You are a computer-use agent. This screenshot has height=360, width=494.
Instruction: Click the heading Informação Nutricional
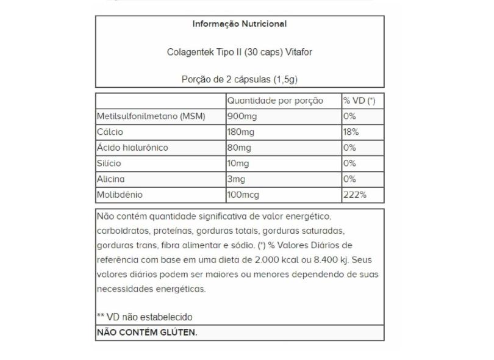pos(240,24)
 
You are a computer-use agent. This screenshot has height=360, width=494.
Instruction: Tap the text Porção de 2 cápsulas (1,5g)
pos(240,79)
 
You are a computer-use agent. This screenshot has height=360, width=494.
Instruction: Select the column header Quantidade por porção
pos(275,101)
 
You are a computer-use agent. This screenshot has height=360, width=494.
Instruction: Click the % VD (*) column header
pos(359,101)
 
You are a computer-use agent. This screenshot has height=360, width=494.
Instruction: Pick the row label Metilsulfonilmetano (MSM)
pos(151,117)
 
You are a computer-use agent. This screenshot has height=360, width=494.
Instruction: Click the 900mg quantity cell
pos(241,117)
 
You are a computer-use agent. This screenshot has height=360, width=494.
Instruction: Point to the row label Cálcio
pos(110,132)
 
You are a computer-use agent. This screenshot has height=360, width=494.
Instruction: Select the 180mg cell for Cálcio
pos(241,132)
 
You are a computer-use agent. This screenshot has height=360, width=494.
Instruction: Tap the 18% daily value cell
pos(351,132)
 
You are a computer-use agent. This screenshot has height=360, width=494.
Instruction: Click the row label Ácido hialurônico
pos(132,148)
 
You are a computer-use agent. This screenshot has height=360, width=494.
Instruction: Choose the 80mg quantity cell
pos(239,148)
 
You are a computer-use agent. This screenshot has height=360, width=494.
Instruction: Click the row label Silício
pos(109,164)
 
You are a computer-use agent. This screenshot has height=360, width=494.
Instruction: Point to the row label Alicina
pos(110,179)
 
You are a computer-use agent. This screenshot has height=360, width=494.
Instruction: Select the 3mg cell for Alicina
pos(237,179)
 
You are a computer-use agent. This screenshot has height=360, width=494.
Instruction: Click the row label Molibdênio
pos(119,195)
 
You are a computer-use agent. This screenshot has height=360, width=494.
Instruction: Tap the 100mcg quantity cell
pos(243,195)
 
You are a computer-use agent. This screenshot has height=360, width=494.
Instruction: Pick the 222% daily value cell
pos(354,195)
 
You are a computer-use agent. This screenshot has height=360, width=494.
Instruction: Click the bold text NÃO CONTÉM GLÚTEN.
pos(147,333)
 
